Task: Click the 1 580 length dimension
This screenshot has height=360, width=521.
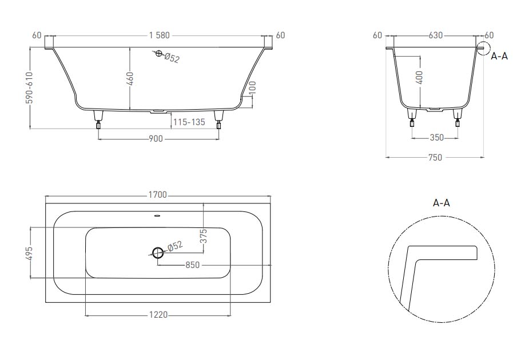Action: click(x=160, y=35)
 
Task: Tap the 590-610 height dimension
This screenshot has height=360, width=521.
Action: click(x=30, y=87)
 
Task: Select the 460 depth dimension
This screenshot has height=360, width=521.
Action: click(x=130, y=79)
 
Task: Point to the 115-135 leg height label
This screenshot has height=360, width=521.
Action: click(x=189, y=122)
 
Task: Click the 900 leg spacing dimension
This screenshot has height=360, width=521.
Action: click(x=156, y=138)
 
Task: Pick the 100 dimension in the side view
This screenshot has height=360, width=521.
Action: click(x=253, y=87)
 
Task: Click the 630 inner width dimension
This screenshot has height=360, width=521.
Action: click(x=436, y=35)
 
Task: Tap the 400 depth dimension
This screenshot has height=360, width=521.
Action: click(x=420, y=77)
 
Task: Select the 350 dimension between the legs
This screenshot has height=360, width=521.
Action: click(x=436, y=138)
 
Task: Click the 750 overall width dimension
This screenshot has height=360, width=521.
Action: click(x=435, y=157)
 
